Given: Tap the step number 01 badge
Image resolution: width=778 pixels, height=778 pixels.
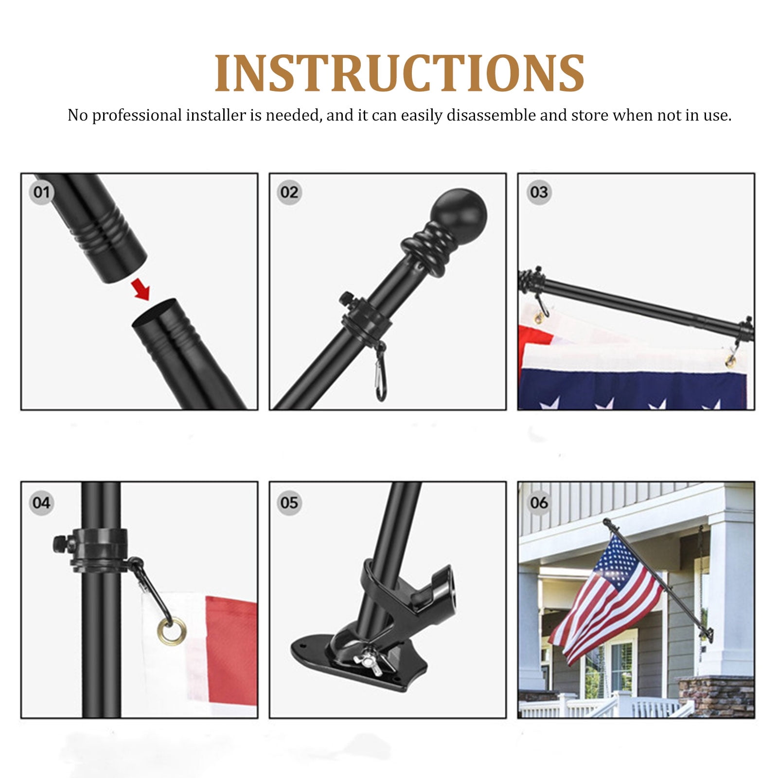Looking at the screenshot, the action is tap(42, 192).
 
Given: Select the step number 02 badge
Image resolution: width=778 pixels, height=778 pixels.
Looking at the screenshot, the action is tap(289, 192).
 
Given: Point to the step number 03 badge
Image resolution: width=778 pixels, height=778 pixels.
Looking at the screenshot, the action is tap(539, 192).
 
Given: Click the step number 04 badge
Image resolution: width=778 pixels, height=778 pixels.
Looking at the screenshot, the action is tap(42, 502).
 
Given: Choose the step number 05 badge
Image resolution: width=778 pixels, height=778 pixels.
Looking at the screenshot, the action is tap(289, 502).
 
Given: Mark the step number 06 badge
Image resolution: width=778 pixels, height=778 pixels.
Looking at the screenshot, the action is tap(539, 502).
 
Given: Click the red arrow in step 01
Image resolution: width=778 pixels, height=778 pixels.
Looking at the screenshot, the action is tap(141, 290).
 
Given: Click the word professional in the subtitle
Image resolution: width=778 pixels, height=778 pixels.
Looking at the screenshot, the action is tap(137, 116).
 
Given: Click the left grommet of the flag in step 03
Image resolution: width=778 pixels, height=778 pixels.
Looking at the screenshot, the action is tap(538, 318).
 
